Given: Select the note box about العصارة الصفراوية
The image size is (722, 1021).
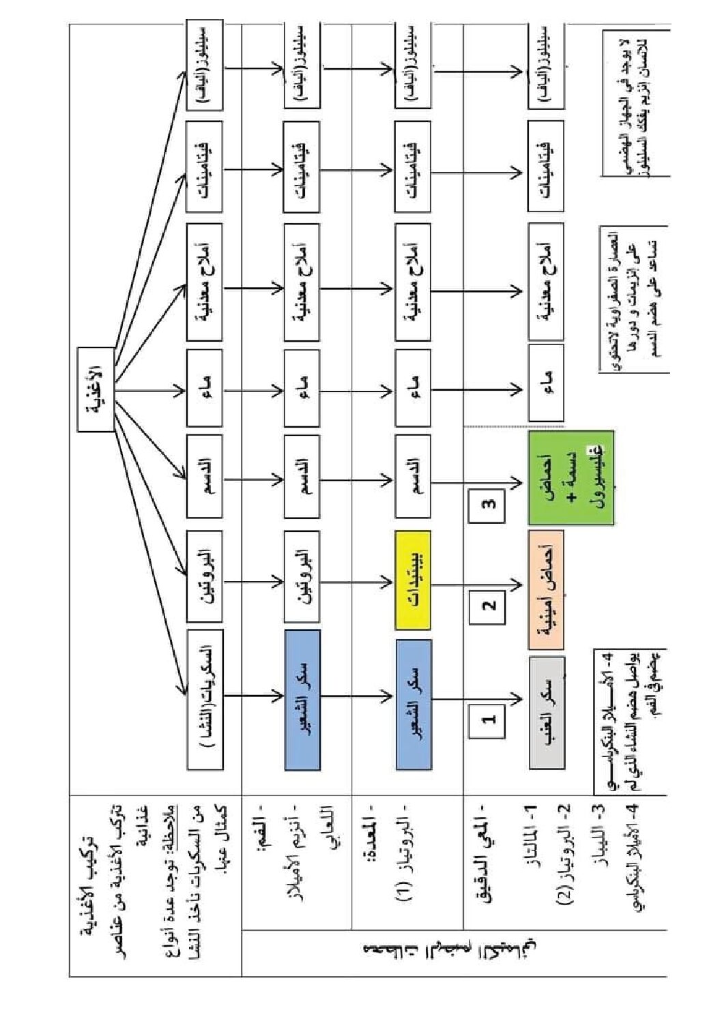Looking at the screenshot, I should (x=633, y=300).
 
